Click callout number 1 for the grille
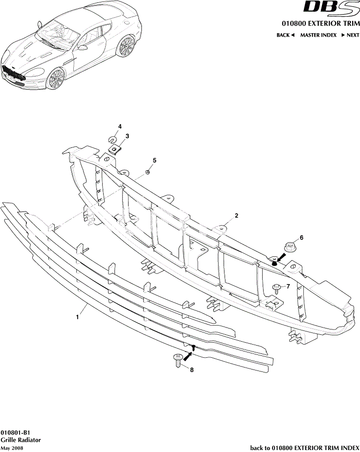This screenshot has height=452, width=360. (x=77, y=317)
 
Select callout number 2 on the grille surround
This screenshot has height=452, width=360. (x=236, y=215)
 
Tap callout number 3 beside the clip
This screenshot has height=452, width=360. (x=127, y=136)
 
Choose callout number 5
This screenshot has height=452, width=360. (x=154, y=160)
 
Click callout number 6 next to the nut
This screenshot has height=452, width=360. (x=301, y=238)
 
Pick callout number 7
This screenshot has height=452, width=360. (x=288, y=286)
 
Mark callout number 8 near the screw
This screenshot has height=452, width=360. (x=191, y=370)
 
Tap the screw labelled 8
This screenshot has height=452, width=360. (x=177, y=360)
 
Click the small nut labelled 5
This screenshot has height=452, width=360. (x=147, y=172)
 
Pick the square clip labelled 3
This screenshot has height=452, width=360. (x=115, y=149)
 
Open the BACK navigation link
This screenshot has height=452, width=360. (x=285, y=35)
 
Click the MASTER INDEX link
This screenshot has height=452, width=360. (x=318, y=35)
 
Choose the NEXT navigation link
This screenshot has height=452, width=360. (x=350, y=35)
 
